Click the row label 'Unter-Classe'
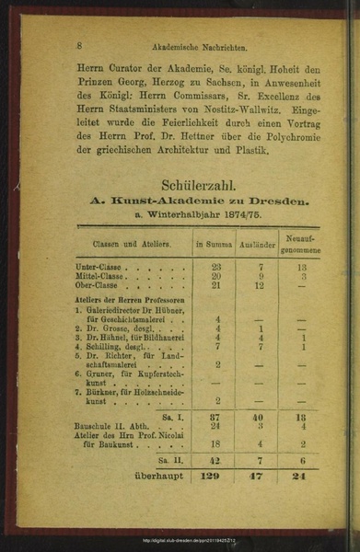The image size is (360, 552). pos(99,267)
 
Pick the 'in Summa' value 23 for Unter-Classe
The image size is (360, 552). pos(216,267)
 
